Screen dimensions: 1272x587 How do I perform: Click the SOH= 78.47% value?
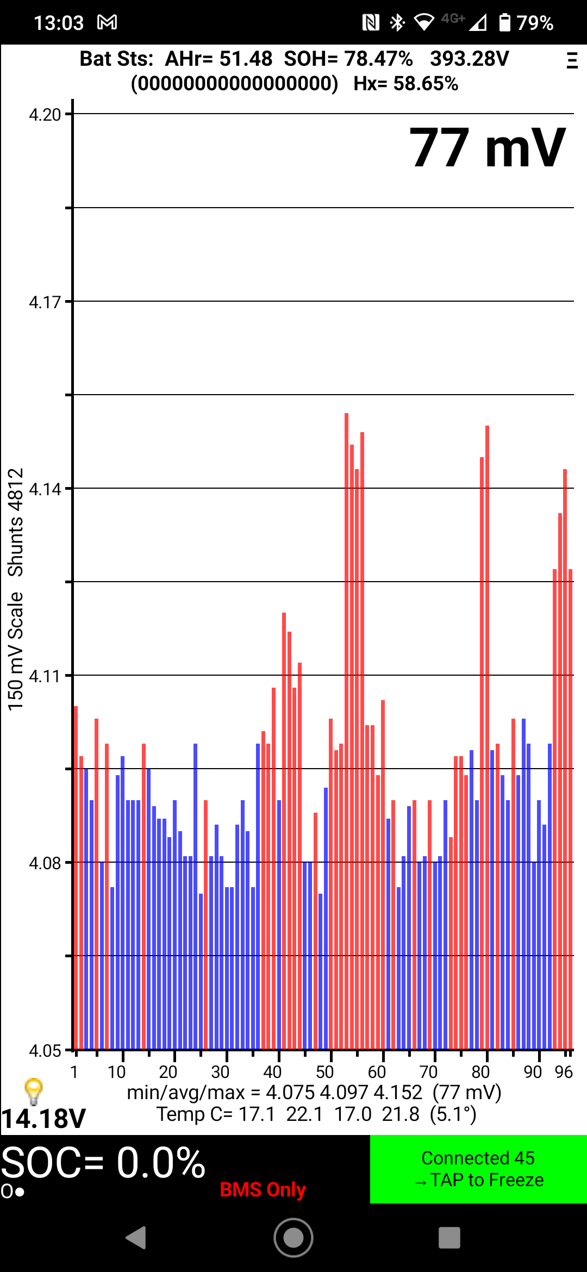(x=348, y=59)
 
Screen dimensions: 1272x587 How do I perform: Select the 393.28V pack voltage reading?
(x=469, y=59)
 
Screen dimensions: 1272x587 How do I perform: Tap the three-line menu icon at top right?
(x=571, y=60)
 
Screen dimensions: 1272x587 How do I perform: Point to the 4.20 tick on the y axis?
(x=45, y=115)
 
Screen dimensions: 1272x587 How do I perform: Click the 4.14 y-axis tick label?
(x=45, y=489)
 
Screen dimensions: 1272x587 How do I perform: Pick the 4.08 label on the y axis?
(x=45, y=863)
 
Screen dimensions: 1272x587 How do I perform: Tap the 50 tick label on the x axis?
(x=324, y=1072)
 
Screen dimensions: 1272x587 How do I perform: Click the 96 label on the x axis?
(x=564, y=1072)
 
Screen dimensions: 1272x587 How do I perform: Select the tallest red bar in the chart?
(x=346, y=707)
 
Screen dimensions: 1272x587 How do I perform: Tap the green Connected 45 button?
(x=478, y=1169)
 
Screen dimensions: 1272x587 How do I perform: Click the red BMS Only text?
(x=263, y=1189)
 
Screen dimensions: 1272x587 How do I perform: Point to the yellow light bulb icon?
(x=34, y=1090)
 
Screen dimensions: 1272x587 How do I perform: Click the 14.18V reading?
(x=43, y=1119)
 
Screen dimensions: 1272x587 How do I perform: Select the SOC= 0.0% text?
(x=103, y=1163)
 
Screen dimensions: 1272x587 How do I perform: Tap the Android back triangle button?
(x=136, y=1238)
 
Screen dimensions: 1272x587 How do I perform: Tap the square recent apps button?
(x=449, y=1238)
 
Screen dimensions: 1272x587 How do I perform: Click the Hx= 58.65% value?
(x=405, y=84)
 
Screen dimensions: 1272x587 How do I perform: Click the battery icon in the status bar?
(x=505, y=22)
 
